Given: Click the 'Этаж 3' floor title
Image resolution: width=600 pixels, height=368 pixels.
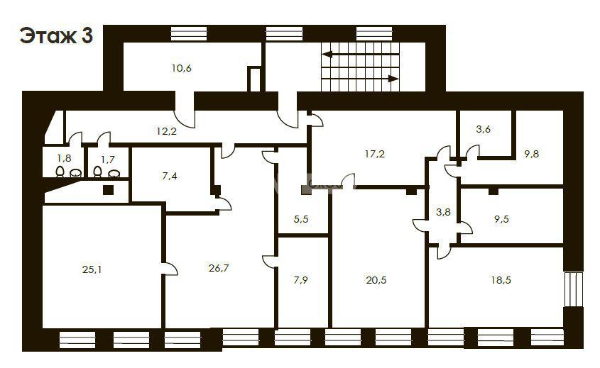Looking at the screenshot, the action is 56,35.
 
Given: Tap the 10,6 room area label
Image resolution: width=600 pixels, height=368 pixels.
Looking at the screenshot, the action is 181,68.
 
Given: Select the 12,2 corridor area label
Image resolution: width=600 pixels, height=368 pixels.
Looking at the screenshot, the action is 166,131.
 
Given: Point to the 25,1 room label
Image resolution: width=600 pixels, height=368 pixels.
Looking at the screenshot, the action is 92,269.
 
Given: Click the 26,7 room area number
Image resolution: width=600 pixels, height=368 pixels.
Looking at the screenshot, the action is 219,268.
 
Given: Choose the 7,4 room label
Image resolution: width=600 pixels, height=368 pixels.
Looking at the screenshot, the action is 170,176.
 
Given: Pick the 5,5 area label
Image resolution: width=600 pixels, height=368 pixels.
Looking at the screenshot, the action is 301,219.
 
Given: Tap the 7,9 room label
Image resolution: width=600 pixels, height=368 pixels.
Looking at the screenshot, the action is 301,280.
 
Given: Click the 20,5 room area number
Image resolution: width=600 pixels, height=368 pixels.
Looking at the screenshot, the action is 376,280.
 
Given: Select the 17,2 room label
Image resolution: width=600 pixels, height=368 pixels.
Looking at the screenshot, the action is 375,154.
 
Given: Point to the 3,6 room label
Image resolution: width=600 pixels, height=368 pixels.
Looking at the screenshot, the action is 484,129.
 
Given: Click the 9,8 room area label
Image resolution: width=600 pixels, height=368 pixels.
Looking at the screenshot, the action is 532,154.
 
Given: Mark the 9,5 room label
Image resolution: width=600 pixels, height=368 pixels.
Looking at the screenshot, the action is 502,219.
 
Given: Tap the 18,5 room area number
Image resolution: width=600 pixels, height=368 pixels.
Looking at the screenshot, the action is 501,280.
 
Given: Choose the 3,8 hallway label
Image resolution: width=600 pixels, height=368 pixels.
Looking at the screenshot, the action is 443,212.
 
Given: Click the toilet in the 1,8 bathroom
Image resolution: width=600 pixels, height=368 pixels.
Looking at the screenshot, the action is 60,172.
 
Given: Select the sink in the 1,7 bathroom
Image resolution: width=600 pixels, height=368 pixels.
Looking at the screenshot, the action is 114,174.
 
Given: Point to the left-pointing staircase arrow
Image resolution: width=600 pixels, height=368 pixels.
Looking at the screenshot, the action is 361,55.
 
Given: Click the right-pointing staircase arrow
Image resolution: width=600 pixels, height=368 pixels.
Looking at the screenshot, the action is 361,79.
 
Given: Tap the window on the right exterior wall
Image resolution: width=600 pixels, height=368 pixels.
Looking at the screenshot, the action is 574,289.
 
